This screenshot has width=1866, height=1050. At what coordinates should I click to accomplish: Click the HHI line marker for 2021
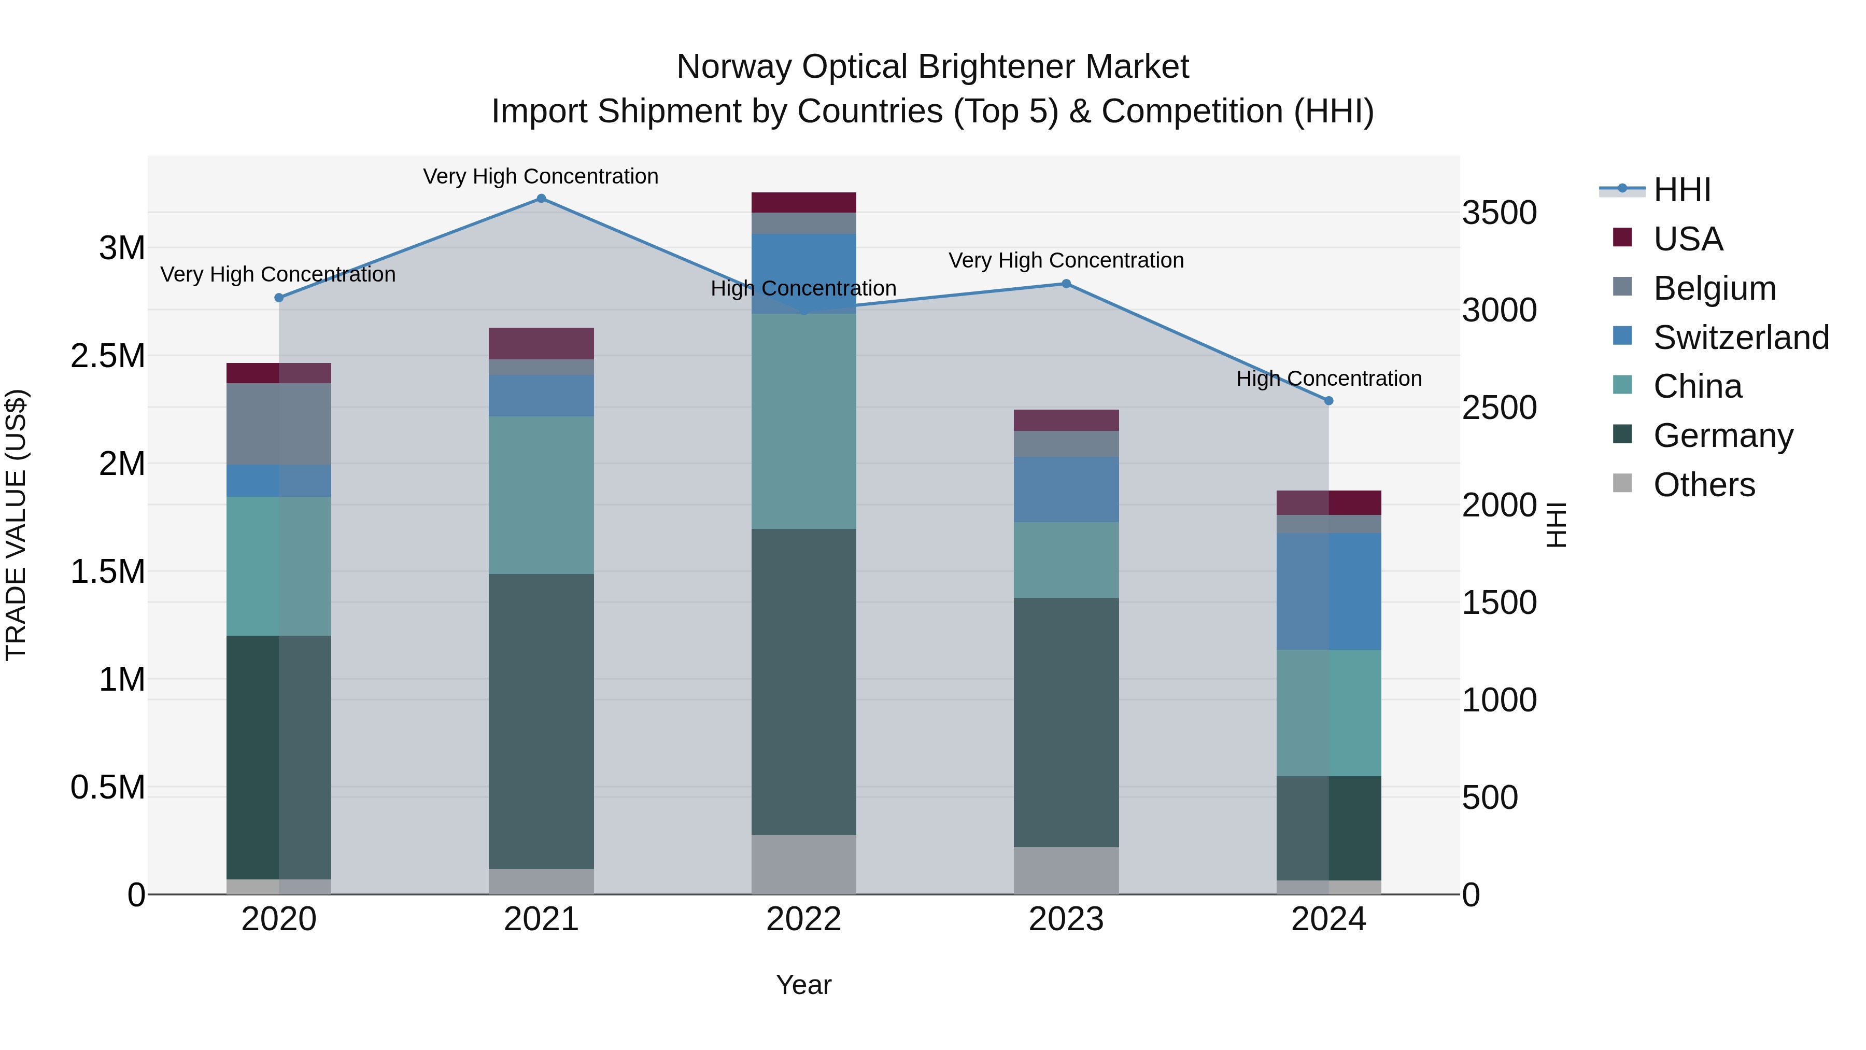[541, 199]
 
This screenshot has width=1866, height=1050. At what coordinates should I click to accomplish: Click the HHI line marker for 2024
[1328, 401]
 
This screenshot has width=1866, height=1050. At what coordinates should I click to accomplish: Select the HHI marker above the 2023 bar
[1066, 284]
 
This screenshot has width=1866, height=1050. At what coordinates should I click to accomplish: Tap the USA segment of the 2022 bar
[803, 202]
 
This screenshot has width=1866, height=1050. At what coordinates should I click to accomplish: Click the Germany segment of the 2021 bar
[541, 721]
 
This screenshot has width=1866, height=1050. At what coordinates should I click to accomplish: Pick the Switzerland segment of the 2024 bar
[1328, 591]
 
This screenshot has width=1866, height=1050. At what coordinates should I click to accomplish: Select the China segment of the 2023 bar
[1066, 559]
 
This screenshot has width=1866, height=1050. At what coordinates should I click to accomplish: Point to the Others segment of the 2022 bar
[803, 864]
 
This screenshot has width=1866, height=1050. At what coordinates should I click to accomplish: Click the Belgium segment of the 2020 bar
[279, 424]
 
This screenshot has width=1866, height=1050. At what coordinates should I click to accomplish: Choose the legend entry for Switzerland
[1741, 338]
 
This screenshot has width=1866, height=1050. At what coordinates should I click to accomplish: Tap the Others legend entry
[1704, 485]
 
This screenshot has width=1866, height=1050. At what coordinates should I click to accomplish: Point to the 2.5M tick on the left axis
[107, 356]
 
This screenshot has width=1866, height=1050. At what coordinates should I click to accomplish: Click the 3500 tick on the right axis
[1499, 213]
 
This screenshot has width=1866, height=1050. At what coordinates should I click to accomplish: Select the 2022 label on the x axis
[803, 919]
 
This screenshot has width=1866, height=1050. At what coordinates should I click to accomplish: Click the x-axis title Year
[803, 985]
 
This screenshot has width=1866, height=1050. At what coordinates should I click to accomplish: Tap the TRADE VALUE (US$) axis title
[16, 525]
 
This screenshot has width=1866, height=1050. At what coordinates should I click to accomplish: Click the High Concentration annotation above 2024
[1328, 379]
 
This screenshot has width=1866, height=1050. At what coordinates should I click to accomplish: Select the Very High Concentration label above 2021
[541, 176]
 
